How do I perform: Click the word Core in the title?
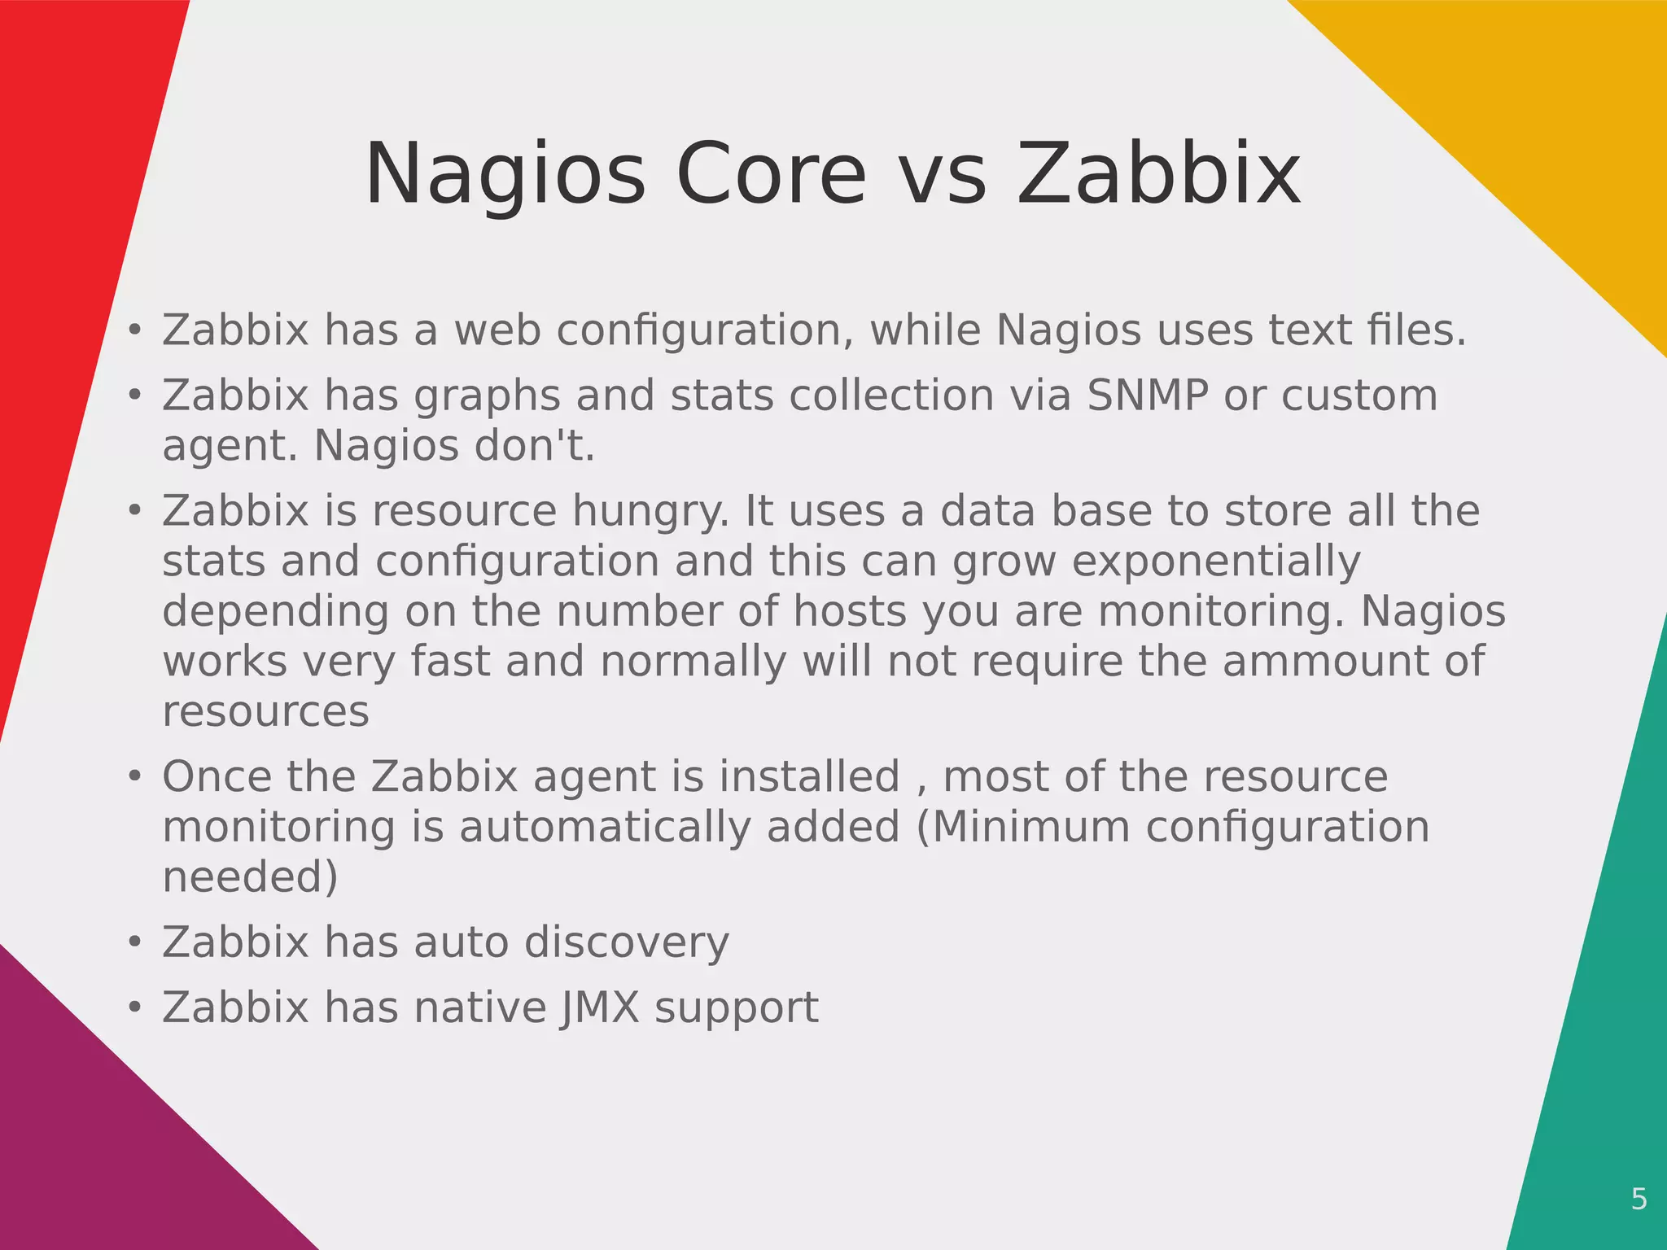pyautogui.click(x=771, y=174)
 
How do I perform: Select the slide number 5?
pyautogui.click(x=1639, y=1199)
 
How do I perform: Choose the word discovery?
pyautogui.click(x=626, y=942)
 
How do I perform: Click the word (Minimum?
pyautogui.click(x=1023, y=827)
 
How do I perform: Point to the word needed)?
pyautogui.click(x=250, y=877)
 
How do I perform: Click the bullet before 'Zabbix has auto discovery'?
pyautogui.click(x=135, y=942)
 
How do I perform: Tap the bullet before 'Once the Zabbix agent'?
pyautogui.click(x=135, y=776)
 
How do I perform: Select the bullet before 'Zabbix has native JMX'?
pyautogui.click(x=135, y=1007)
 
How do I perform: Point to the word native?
pyautogui.click(x=480, y=1007)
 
